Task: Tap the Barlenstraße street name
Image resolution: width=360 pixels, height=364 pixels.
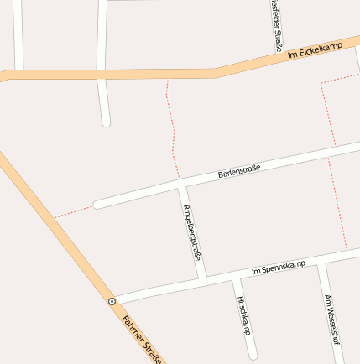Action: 239,171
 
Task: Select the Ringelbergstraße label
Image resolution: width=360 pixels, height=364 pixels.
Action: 192,231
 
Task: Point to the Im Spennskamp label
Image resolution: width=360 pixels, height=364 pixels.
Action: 279,268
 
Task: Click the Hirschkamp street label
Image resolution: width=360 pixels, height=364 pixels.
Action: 243,315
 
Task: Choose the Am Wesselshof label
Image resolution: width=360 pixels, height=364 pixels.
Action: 331,320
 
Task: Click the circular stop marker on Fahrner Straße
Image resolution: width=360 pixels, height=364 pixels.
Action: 112,300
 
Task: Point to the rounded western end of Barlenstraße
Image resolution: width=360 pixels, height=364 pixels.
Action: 98,204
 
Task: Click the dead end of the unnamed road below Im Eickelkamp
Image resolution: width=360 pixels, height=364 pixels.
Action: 106,122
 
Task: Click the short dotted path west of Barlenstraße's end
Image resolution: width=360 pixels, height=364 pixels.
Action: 74,211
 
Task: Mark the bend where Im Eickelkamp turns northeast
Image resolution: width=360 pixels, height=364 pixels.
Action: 217,73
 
